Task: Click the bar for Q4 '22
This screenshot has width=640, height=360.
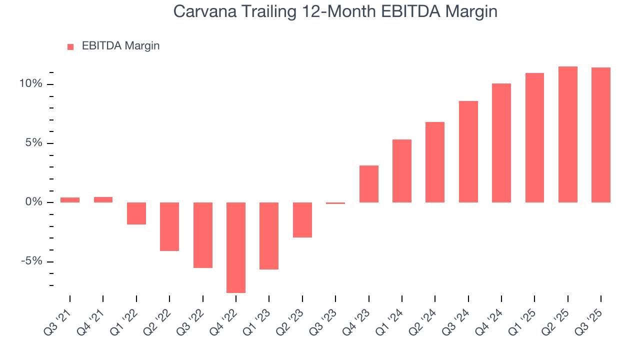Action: (x=236, y=247)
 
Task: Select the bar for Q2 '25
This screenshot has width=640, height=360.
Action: (x=568, y=134)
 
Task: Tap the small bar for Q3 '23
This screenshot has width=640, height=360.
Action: (x=335, y=203)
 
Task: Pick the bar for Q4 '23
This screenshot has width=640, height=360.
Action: (x=369, y=184)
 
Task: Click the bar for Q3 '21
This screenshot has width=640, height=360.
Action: (x=70, y=200)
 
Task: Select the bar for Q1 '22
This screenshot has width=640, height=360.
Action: (x=136, y=213)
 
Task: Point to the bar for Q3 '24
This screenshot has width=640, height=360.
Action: (x=468, y=151)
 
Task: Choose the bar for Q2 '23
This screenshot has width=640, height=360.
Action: (x=302, y=220)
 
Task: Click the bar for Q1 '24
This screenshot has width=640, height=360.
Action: (x=402, y=171)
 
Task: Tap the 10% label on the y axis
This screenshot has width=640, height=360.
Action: (x=31, y=84)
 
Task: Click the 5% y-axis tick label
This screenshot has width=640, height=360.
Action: (x=33, y=143)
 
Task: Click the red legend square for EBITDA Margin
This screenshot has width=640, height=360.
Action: (x=70, y=46)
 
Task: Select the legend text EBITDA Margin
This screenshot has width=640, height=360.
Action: (x=120, y=46)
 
